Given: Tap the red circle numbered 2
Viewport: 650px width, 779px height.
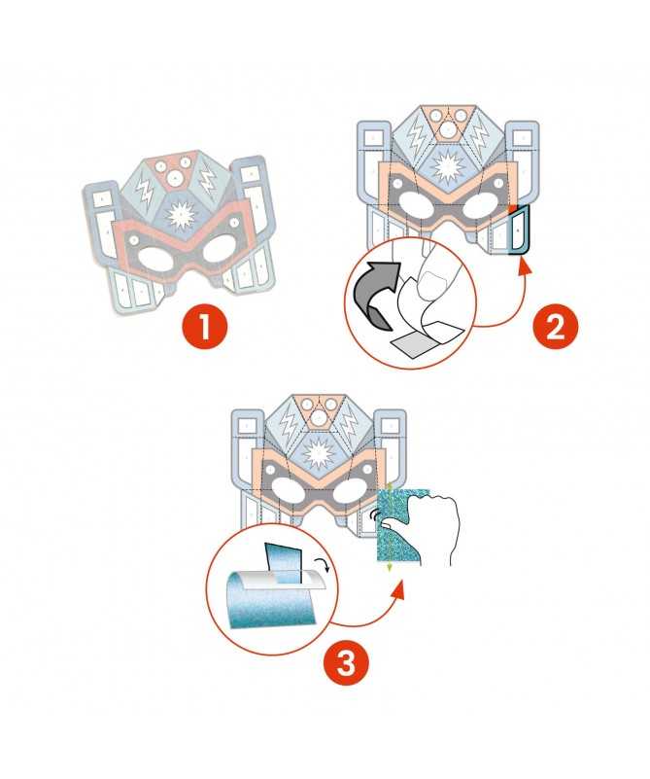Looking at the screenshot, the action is (555, 326).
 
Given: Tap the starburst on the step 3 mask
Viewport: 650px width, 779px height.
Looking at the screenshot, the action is (317, 453).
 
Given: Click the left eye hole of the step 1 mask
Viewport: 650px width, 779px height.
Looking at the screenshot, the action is (154, 259).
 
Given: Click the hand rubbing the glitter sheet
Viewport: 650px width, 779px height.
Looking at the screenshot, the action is (430, 526).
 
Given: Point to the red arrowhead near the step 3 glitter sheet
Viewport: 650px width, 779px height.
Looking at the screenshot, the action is (398, 589).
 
